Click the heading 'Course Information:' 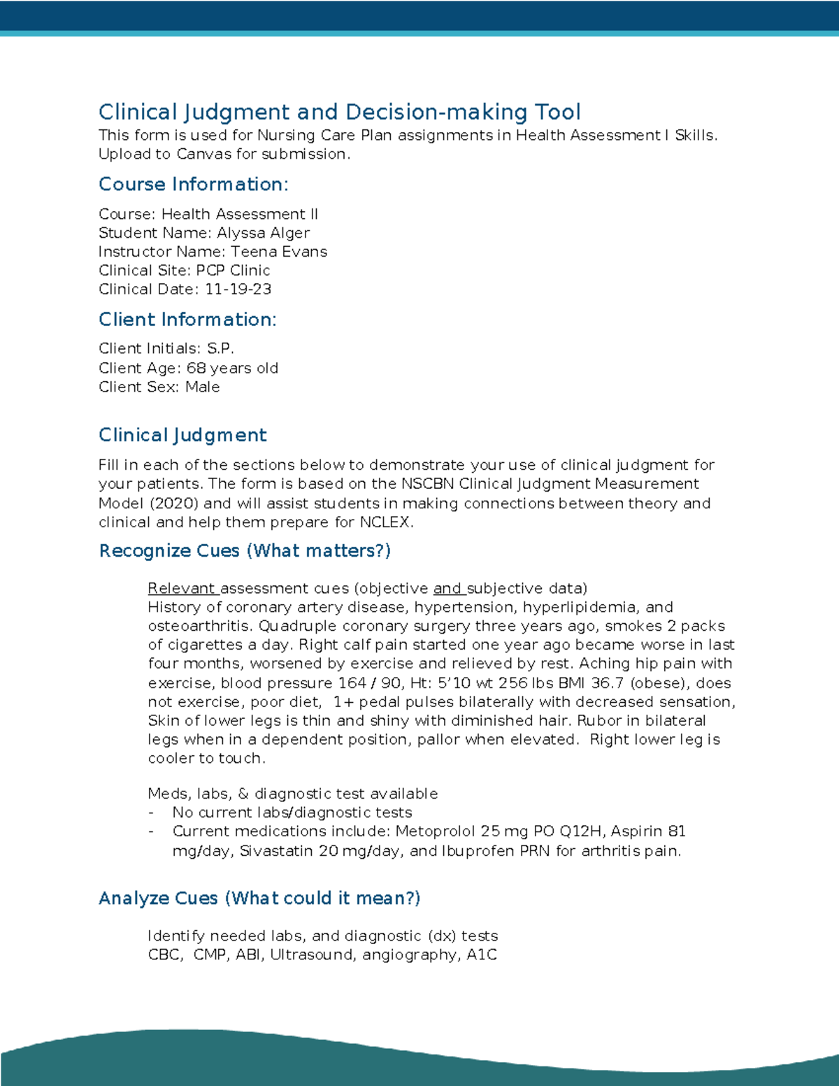tap(193, 185)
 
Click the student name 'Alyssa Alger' tap(263, 233)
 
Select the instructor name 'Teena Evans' tap(279, 252)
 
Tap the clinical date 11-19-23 tap(238, 290)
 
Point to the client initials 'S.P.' tap(220, 348)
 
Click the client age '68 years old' tap(232, 368)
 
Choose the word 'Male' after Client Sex tap(202, 387)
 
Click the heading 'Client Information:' tap(187, 320)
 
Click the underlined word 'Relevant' tap(181, 589)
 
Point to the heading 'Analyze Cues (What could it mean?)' tap(259, 899)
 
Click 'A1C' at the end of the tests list tap(482, 955)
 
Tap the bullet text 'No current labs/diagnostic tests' tap(292, 813)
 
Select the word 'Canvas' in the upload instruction tap(203, 154)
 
